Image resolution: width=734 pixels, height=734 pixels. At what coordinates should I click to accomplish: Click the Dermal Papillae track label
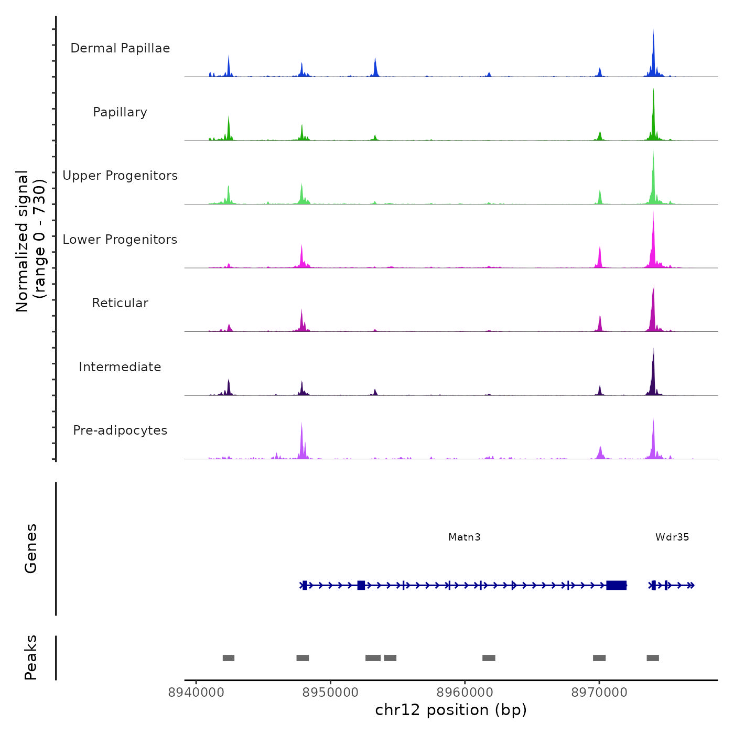click(120, 48)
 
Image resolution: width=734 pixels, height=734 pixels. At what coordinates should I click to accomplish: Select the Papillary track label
click(120, 112)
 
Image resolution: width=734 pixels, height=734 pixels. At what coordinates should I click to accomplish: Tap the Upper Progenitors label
click(120, 176)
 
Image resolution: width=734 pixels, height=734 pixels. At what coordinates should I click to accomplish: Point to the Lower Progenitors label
click(120, 240)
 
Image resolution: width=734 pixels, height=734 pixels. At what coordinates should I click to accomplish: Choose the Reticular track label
click(120, 303)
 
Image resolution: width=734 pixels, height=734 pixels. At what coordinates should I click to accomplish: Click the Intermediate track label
click(120, 367)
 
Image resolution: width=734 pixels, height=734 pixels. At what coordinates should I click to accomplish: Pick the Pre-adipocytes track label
click(120, 430)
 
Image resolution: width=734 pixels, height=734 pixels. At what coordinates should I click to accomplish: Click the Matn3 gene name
click(465, 537)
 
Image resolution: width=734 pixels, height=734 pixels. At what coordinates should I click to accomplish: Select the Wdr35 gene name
click(672, 537)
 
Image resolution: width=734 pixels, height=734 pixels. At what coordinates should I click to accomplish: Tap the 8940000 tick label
click(196, 693)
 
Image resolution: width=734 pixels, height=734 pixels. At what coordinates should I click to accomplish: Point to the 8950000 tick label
click(330, 693)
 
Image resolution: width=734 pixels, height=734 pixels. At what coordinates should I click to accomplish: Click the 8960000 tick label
click(465, 693)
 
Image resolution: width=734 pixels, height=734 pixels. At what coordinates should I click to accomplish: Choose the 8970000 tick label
click(599, 693)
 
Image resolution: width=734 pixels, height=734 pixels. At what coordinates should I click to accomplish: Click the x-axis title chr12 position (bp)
click(451, 710)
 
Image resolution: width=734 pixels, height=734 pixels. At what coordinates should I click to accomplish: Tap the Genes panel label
click(31, 548)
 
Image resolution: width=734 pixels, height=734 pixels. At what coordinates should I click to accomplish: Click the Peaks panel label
click(31, 657)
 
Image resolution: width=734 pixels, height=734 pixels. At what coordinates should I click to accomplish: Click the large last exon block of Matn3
click(617, 585)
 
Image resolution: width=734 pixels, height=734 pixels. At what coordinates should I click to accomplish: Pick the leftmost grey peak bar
click(229, 658)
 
